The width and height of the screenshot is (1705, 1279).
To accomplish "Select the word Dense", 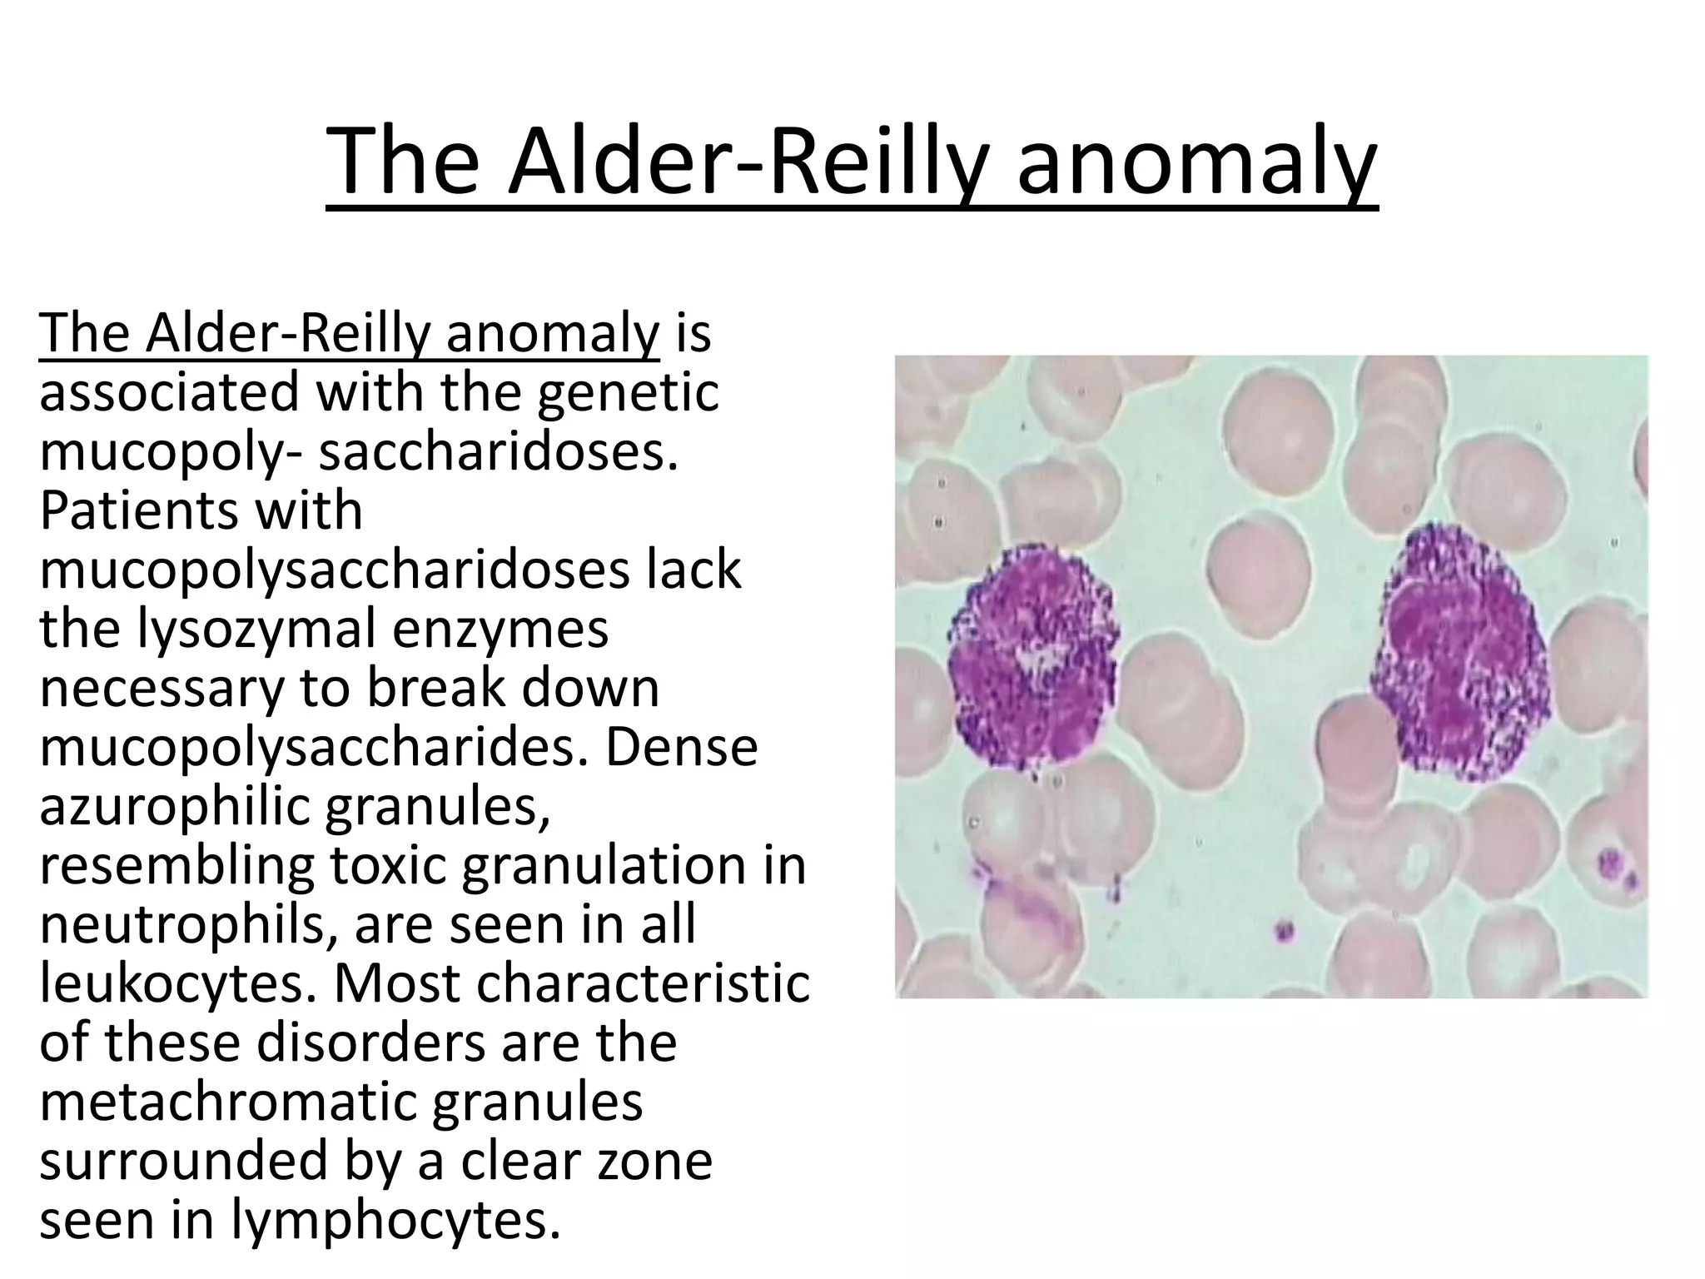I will click(x=681, y=747).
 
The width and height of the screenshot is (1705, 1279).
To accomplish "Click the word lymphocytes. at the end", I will click(x=394, y=1221).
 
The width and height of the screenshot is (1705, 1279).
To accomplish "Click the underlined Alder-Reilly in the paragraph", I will click(x=287, y=332).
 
